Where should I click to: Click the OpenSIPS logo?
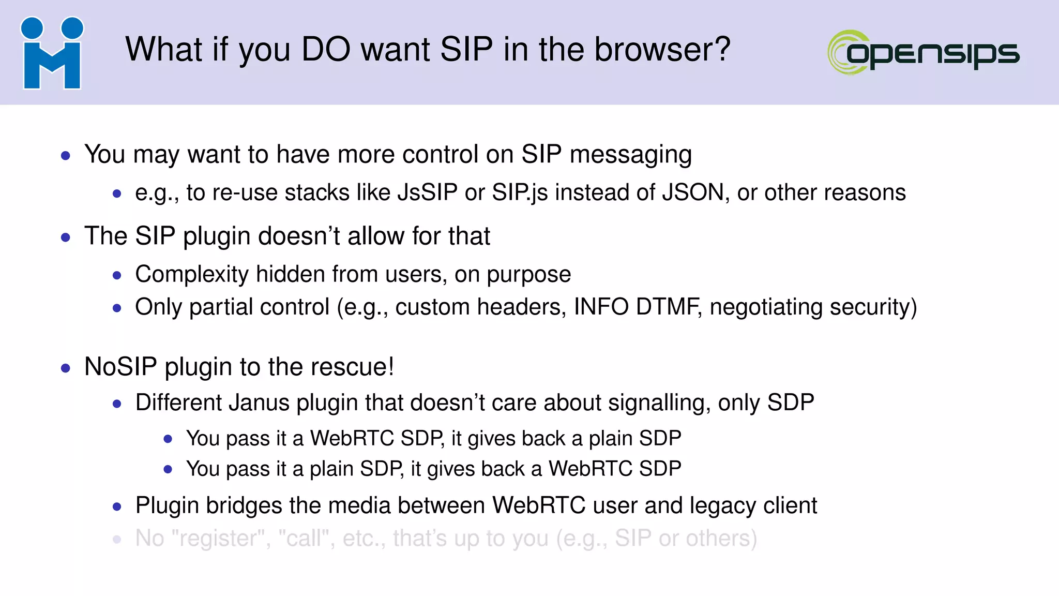click(924, 52)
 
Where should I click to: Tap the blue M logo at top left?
click(52, 53)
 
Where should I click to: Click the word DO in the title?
click(327, 50)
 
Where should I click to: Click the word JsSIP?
click(427, 192)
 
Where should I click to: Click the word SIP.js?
click(519, 192)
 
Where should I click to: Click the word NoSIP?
click(120, 367)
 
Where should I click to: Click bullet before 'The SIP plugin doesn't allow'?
click(65, 237)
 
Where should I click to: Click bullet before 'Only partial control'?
click(117, 308)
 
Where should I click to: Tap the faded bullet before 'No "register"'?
click(117, 540)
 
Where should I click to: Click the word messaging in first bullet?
click(630, 155)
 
